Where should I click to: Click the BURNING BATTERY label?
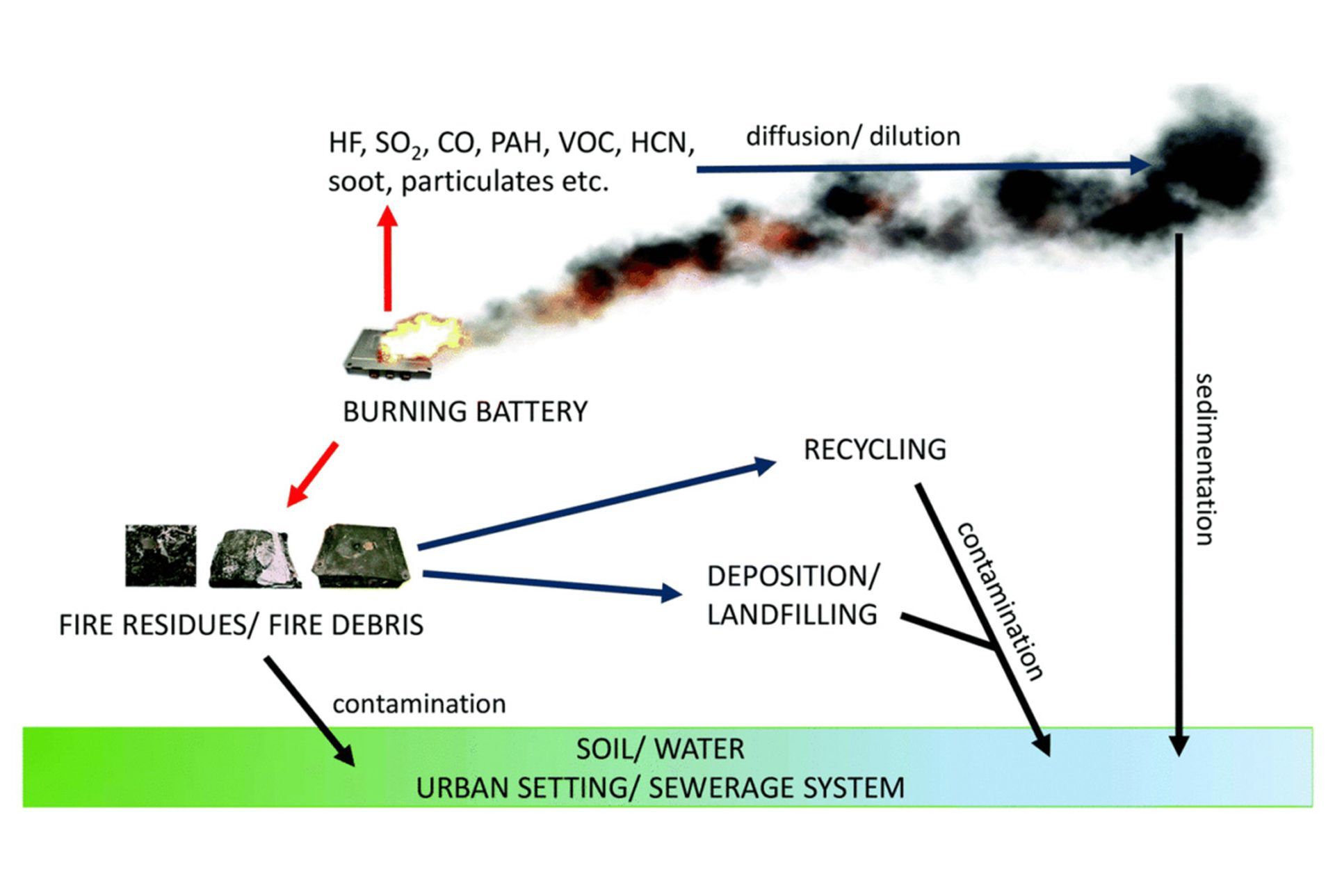point(464,412)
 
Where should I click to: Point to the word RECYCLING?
point(875,450)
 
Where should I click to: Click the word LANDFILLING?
point(792,615)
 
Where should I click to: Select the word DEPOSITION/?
point(793,576)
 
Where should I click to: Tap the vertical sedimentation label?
point(1204,459)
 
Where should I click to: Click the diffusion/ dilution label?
point(852,136)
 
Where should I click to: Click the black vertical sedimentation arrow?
point(1179,487)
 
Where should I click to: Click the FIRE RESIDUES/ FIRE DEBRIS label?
point(241,625)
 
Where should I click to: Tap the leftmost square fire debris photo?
point(161,556)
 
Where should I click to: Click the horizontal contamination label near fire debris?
point(419,704)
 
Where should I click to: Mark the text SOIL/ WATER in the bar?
point(660,749)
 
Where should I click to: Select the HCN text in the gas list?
point(661,143)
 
